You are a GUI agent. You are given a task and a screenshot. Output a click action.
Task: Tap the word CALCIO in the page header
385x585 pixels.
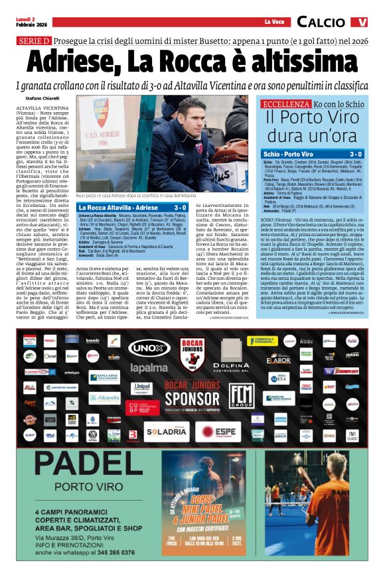tap(321, 23)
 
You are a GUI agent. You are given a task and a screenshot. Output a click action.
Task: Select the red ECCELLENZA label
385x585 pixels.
tap(285, 105)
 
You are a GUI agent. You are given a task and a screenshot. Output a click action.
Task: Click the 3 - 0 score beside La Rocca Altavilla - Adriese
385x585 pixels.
tap(179, 208)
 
